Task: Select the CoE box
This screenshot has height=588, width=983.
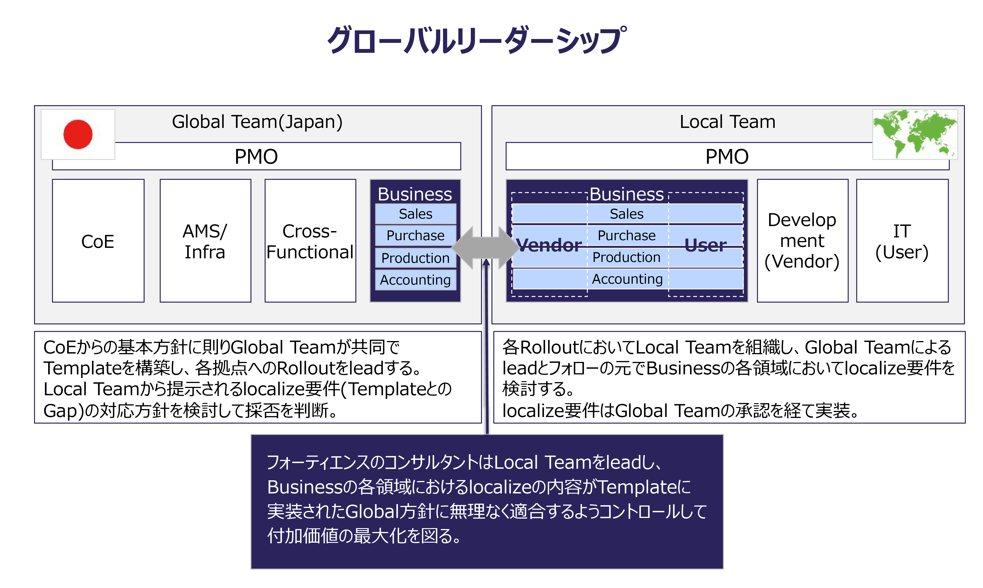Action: pos(98,241)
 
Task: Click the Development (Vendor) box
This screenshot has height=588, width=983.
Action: pos(802,241)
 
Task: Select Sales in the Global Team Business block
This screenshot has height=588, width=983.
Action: pos(415,214)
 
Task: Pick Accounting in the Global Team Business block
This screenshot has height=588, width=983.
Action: pos(415,280)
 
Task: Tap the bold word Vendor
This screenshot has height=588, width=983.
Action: pos(549,245)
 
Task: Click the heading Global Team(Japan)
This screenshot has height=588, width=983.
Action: pos(257,122)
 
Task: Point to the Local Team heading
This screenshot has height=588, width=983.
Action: pos(727,122)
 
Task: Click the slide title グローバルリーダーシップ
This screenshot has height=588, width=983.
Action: pos(477,40)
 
